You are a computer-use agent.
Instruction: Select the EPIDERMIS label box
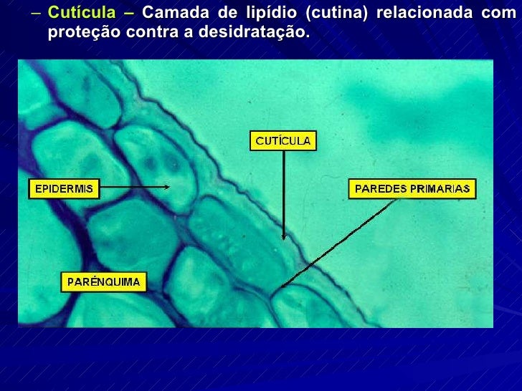pyautogui.click(x=64, y=189)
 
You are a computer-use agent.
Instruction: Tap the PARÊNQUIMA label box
pyautogui.click(x=104, y=281)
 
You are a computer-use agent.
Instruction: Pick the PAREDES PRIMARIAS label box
pyautogui.click(x=412, y=189)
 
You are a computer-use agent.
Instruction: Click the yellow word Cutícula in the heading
pyautogui.click(x=81, y=14)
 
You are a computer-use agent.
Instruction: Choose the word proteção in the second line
pyautogui.click(x=84, y=33)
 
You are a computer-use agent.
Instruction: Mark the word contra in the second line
pyautogui.click(x=158, y=33)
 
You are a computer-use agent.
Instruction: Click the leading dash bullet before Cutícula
pyautogui.click(x=36, y=14)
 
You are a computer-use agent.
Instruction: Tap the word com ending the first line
pyautogui.click(x=499, y=14)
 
